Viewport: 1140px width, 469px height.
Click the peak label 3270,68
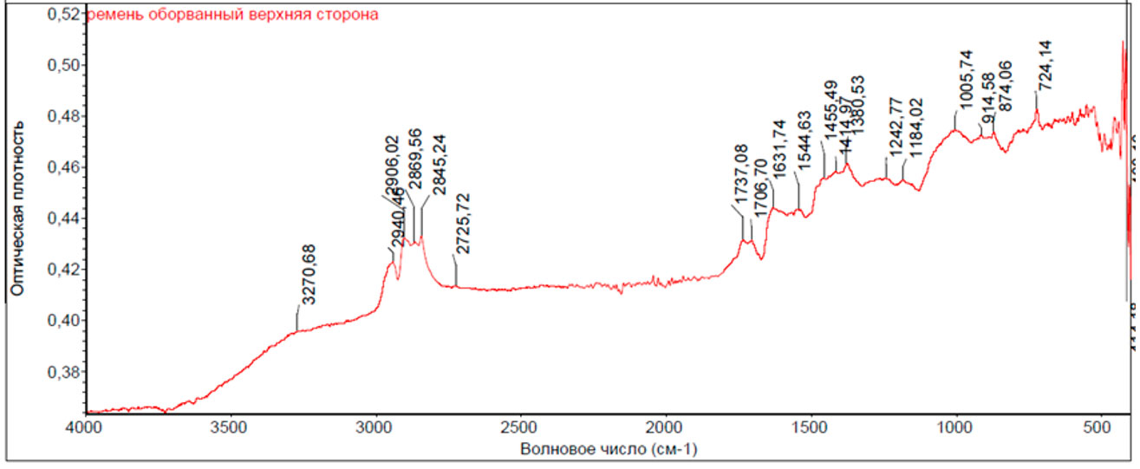pos(309,275)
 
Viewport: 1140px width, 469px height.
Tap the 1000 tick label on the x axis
pos(955,428)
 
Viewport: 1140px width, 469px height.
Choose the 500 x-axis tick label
pos(1099,428)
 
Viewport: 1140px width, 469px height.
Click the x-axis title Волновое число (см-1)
pos(609,449)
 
